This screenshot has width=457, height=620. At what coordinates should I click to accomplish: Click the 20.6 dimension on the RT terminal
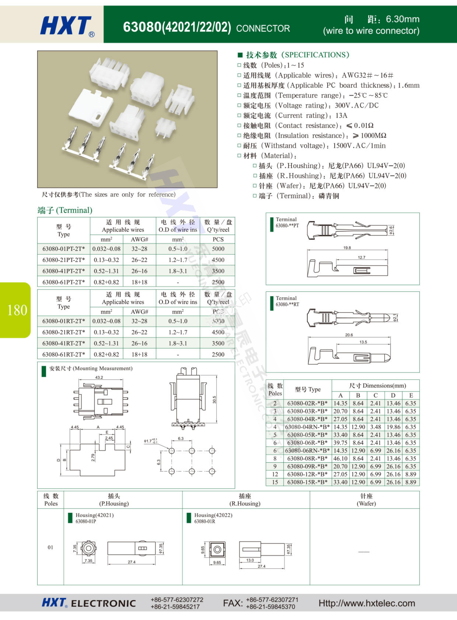[x=349, y=335]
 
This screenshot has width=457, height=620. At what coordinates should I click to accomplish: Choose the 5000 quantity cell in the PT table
[x=218, y=249]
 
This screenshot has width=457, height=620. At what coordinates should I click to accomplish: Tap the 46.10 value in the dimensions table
[x=340, y=458]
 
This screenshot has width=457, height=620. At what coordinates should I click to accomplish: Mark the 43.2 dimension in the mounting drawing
[x=99, y=377]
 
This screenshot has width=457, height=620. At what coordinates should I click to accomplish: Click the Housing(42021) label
[x=95, y=515]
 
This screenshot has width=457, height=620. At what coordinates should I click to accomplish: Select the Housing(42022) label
[x=213, y=515]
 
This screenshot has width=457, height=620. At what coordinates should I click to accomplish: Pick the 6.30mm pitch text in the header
[x=402, y=19]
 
